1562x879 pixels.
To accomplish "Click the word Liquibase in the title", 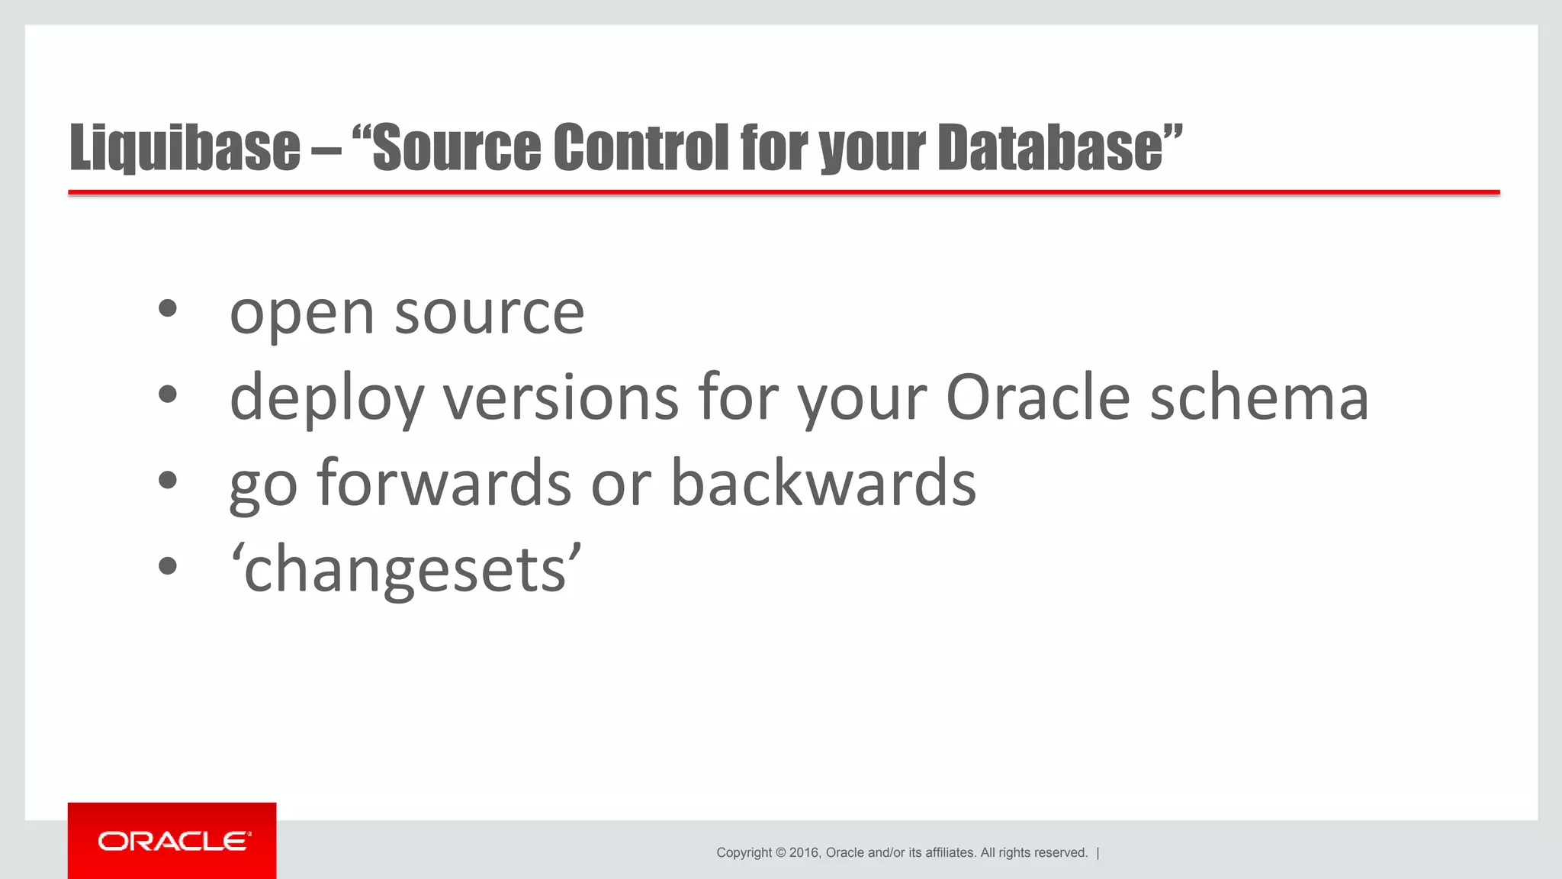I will point(185,147).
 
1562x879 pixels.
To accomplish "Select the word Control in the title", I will point(641,147).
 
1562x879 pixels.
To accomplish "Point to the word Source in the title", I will point(456,147).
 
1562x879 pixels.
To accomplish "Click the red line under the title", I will point(783,193).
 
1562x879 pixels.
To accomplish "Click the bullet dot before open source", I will point(168,309).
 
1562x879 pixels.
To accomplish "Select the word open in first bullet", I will point(302,314).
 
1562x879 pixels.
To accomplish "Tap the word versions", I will point(561,398).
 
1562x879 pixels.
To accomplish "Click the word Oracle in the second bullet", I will point(1037,398).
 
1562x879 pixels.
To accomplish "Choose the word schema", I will point(1259,398).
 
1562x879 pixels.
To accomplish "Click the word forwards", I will point(444,484).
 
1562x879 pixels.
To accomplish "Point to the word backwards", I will point(823,484).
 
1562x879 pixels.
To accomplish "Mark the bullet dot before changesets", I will point(168,566).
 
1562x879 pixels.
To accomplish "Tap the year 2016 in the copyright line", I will point(804,853).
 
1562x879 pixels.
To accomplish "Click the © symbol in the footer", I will point(780,853).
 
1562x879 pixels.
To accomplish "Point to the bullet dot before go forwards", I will point(168,481).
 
